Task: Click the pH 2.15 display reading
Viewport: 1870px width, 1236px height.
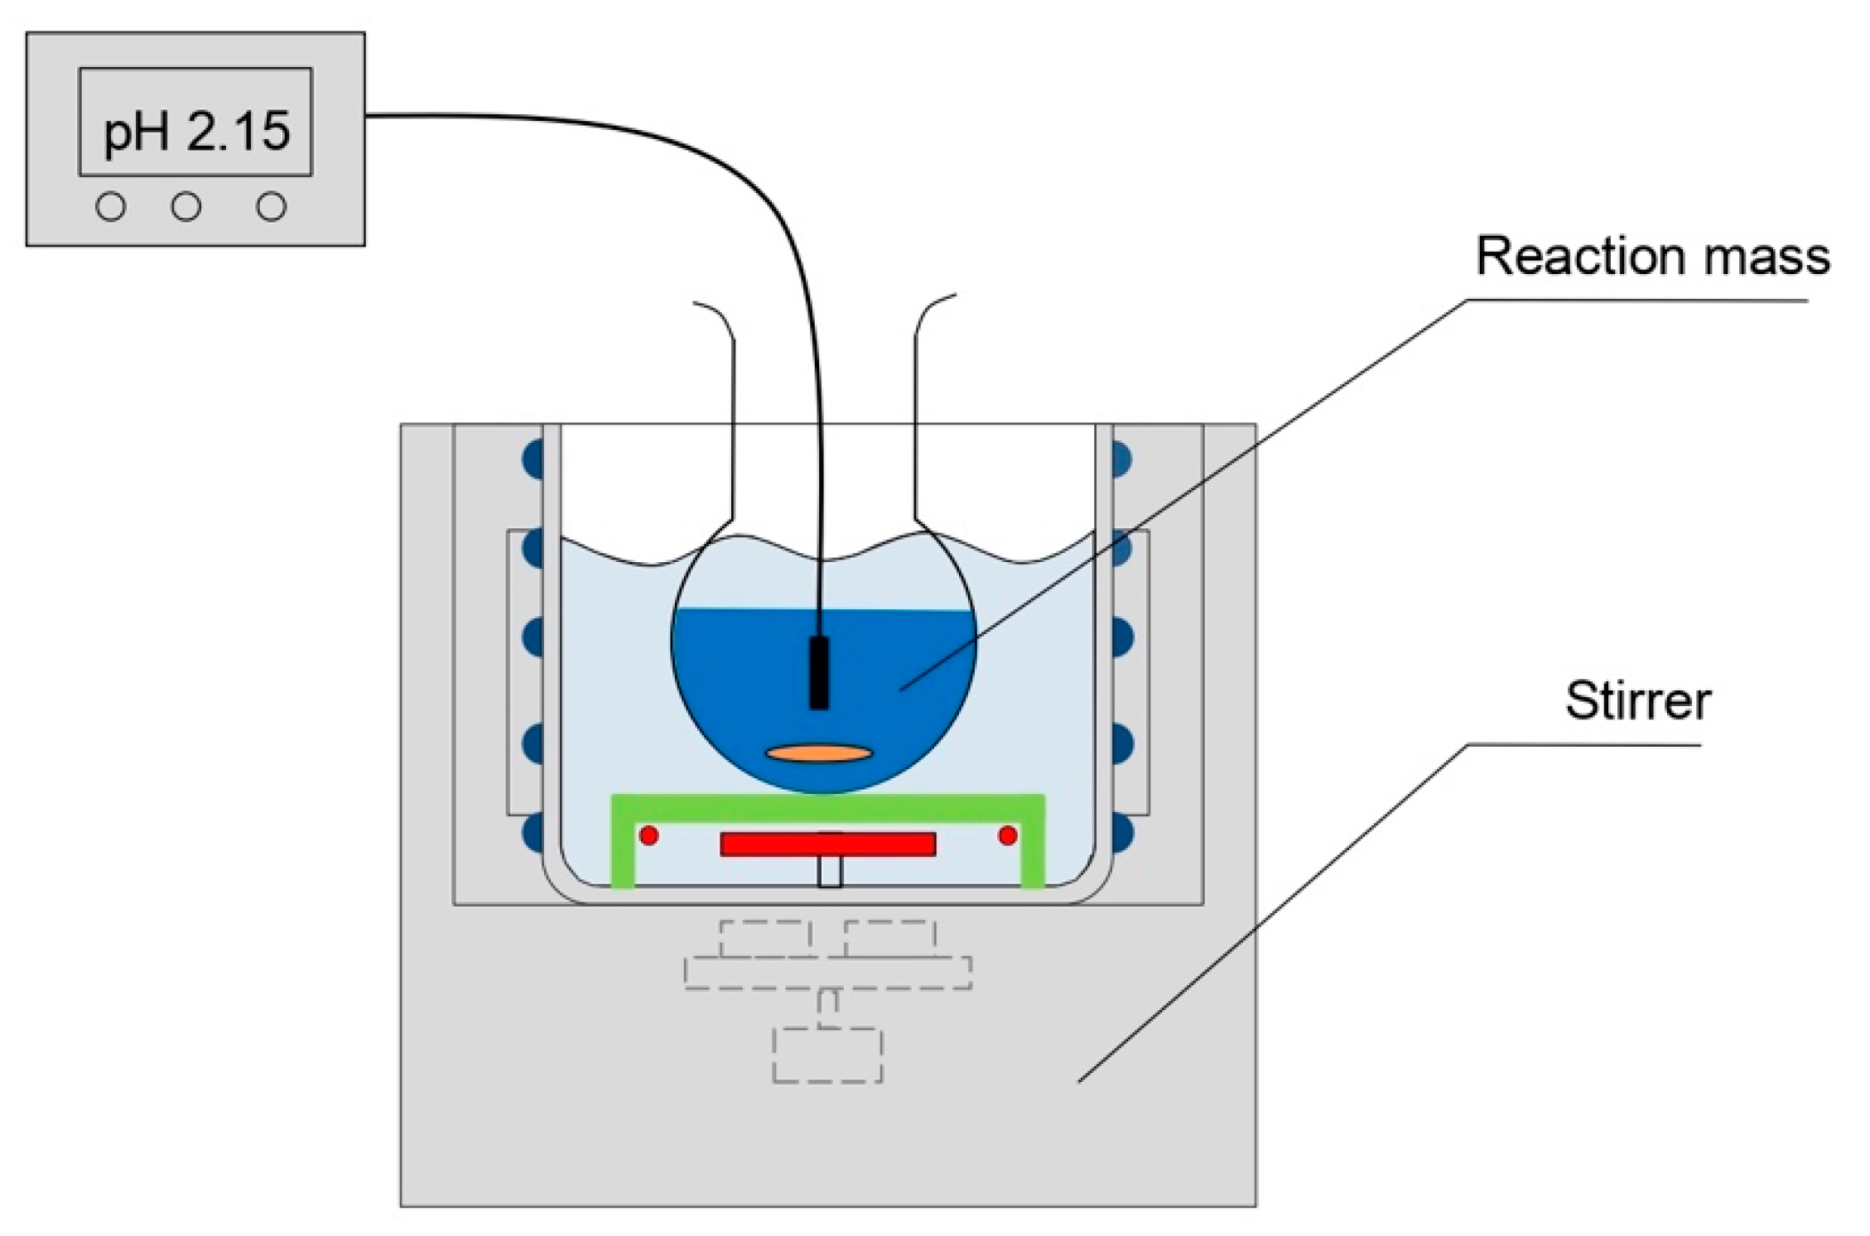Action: click(x=196, y=131)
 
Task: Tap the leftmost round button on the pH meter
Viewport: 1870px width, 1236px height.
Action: click(x=111, y=206)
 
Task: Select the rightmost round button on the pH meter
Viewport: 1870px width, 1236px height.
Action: click(x=271, y=206)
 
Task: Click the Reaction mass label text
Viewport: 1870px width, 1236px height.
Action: click(x=1652, y=256)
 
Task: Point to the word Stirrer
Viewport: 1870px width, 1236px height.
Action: click(x=1637, y=700)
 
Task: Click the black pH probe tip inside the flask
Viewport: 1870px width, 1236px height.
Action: click(x=818, y=672)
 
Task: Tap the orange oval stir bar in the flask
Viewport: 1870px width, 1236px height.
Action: click(x=818, y=753)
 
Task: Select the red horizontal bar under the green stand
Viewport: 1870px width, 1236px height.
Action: click(x=827, y=844)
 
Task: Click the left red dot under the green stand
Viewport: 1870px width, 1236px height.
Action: click(x=649, y=835)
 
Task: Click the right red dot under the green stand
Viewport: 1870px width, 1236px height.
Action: click(x=1008, y=835)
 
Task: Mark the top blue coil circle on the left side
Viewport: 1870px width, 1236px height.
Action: click(x=533, y=458)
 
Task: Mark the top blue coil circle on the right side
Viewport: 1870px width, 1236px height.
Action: click(x=1121, y=458)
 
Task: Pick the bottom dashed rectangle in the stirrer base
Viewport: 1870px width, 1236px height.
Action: click(x=827, y=1055)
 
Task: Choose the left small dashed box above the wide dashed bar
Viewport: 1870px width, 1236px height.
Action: click(x=764, y=938)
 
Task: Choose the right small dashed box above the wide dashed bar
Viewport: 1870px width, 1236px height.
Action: click(x=890, y=938)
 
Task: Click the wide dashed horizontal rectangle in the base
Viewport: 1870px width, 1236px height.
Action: click(x=827, y=973)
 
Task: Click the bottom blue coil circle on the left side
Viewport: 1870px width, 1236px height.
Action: click(x=533, y=831)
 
